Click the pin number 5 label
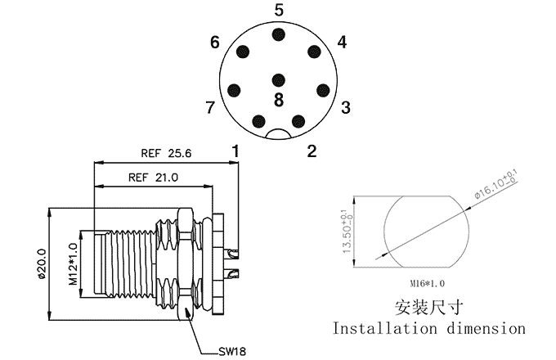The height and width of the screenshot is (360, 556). pos(279,11)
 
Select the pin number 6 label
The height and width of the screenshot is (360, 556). pos(215,43)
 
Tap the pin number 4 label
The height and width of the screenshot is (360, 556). pos(342,43)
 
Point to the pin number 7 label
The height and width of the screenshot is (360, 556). pos(210,108)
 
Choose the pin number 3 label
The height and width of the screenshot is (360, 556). pos(346,108)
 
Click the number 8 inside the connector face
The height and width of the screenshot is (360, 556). pos(279,100)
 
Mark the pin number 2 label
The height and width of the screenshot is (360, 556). pos(312,151)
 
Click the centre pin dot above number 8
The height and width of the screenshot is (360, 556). pos(279,80)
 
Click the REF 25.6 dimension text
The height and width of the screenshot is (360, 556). pos(166,153)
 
